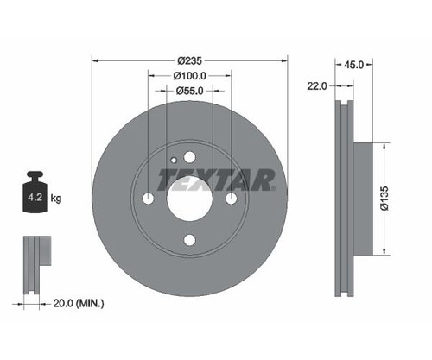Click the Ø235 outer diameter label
[x=190, y=61]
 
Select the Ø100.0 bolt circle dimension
[x=190, y=76]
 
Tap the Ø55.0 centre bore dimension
[x=190, y=91]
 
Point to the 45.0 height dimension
[x=354, y=65]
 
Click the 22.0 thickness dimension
[x=317, y=85]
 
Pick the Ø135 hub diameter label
[x=384, y=199]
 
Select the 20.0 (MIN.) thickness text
[x=79, y=303]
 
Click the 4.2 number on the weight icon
[x=35, y=198]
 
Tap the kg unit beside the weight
[x=56, y=198]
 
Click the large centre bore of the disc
[x=189, y=198]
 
